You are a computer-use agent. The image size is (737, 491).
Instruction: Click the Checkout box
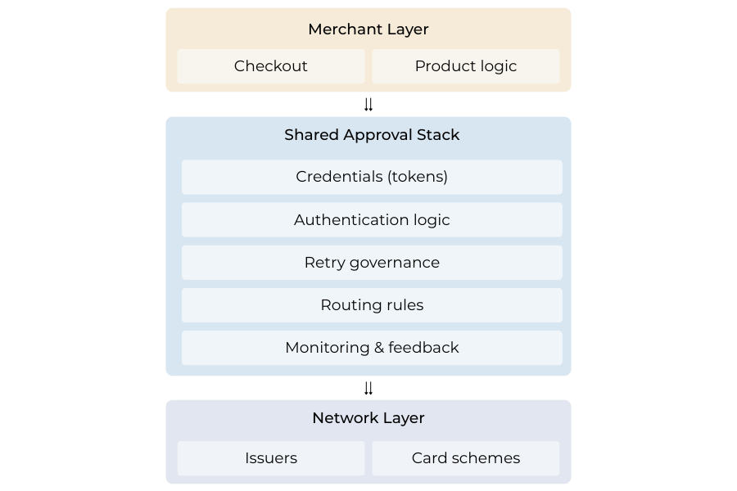(x=270, y=66)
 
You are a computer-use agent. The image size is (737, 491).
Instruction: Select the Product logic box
(x=465, y=66)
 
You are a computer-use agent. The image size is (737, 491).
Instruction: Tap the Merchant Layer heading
(x=368, y=29)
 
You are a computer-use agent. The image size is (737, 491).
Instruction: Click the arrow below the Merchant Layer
(x=368, y=105)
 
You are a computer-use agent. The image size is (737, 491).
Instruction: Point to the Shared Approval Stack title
(x=372, y=135)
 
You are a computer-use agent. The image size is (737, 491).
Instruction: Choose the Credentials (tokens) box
(x=372, y=177)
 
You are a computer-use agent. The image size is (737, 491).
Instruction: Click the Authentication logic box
(x=372, y=220)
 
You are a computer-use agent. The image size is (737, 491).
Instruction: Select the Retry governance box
(x=372, y=263)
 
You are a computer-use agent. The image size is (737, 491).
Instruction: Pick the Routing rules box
(x=372, y=305)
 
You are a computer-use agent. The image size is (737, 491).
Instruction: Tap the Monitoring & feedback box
(x=372, y=348)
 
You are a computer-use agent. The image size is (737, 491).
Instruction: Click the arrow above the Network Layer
(x=368, y=388)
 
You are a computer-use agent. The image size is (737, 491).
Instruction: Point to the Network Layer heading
(x=368, y=418)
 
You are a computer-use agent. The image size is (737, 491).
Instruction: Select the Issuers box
(x=270, y=458)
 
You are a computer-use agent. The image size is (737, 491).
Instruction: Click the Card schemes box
(x=465, y=458)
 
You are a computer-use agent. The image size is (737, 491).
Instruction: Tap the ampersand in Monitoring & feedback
(x=378, y=348)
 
